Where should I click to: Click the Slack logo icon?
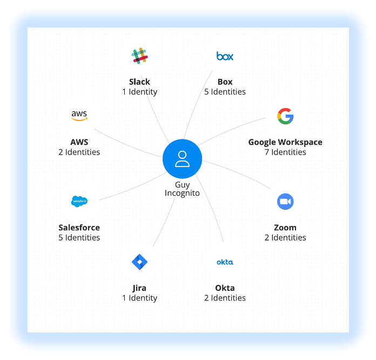click(139, 56)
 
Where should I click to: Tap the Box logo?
click(225, 56)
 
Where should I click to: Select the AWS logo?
click(79, 115)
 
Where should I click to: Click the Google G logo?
click(285, 116)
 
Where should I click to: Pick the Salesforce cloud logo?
click(79, 201)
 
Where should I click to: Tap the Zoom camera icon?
click(285, 202)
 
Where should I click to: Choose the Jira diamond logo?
click(139, 262)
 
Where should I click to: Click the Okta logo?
click(225, 262)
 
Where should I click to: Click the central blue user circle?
click(182, 159)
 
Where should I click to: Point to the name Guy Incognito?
click(182, 189)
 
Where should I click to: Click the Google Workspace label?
click(285, 142)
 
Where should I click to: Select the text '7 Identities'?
click(285, 152)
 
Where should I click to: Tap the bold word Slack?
click(139, 82)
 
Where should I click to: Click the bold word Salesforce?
click(79, 228)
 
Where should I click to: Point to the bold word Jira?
click(139, 288)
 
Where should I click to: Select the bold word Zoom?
click(285, 228)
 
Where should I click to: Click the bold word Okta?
click(225, 288)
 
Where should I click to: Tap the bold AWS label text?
click(79, 142)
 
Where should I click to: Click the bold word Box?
click(225, 82)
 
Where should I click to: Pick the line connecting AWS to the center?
click(130, 143)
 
